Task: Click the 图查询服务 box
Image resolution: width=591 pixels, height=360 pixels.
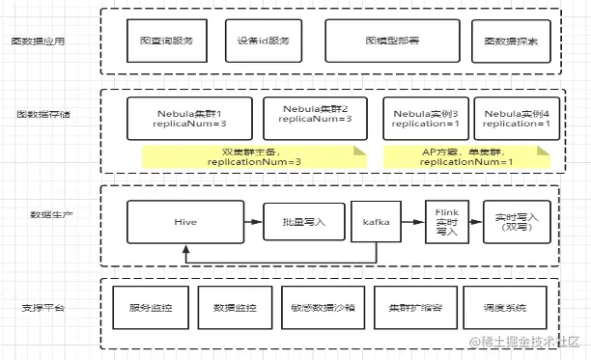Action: tap(166, 41)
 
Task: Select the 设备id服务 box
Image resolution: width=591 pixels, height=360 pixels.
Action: tap(263, 41)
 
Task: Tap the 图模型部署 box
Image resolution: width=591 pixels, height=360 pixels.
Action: tap(391, 41)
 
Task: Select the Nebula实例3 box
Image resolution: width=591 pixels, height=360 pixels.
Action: tap(426, 118)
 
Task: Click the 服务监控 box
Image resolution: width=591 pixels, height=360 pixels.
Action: tap(152, 308)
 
